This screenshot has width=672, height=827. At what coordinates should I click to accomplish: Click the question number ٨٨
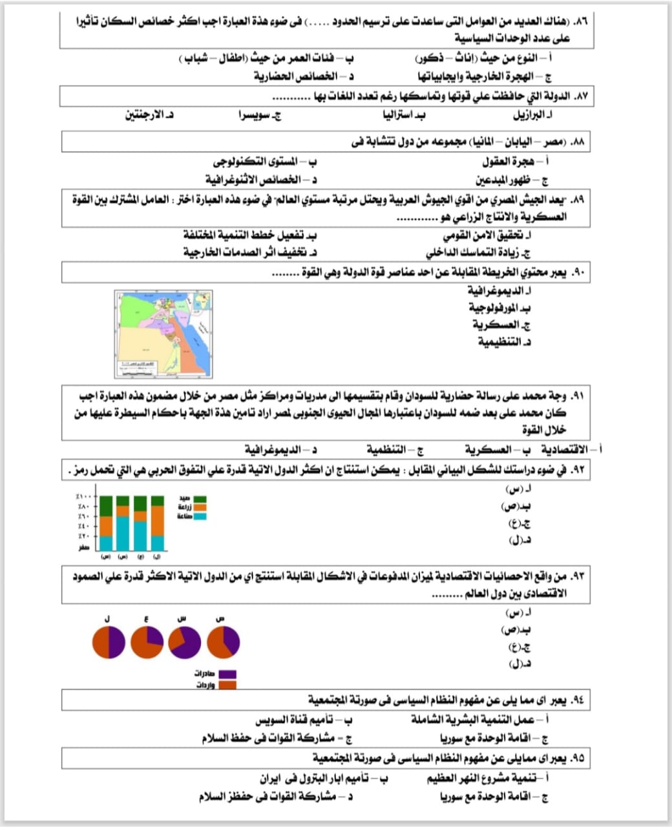pyautogui.click(x=577, y=141)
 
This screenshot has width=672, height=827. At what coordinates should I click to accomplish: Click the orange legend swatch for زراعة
pyautogui.click(x=200, y=508)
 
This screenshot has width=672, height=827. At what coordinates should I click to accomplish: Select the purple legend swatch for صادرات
pyautogui.click(x=227, y=674)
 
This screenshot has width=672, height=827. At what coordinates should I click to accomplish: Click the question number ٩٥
pyautogui.click(x=577, y=758)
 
